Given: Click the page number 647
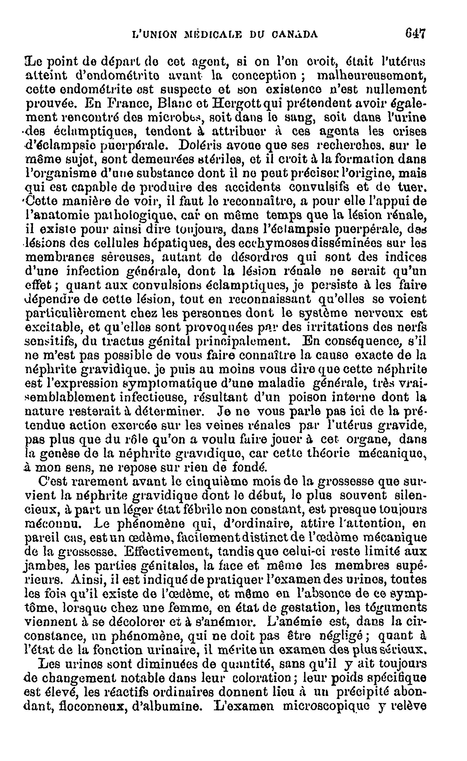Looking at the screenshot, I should click(416, 33).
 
